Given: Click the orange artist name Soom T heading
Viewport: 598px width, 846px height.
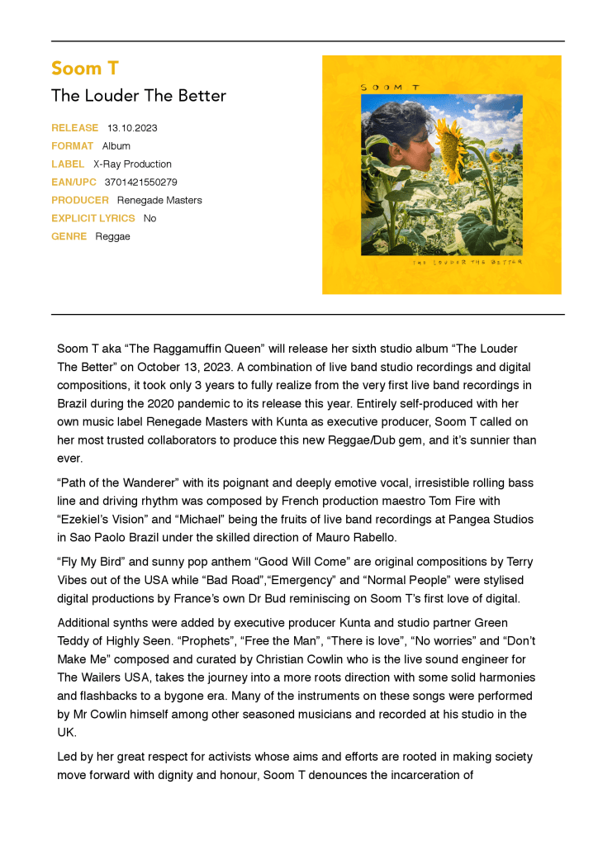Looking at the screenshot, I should tap(84, 68).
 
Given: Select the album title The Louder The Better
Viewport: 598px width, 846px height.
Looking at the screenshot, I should tap(138, 96).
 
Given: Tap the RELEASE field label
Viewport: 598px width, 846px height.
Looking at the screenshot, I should tap(74, 128).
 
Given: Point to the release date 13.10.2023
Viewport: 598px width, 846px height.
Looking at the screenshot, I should tap(132, 128).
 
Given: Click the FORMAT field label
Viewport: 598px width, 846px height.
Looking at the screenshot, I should tap(72, 146).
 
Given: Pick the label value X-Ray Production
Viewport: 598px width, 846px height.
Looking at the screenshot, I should tap(132, 164).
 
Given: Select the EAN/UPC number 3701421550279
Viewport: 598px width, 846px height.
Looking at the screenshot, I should tap(140, 183).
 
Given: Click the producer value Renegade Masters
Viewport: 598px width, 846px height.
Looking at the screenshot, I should tap(159, 201).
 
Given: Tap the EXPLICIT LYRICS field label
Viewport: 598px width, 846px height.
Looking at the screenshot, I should tap(93, 219).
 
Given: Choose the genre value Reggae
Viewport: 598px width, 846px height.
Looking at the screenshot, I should tap(112, 237).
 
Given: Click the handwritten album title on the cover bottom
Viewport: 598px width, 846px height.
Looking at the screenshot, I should tap(467, 262).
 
